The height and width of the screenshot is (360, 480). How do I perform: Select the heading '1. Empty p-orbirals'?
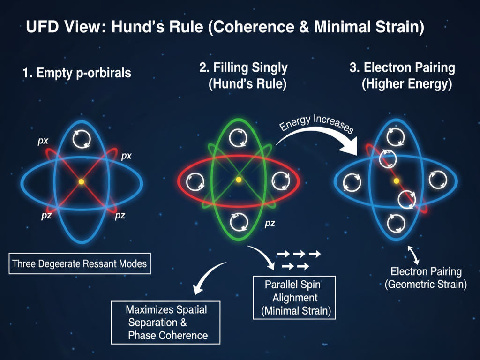point(77,73)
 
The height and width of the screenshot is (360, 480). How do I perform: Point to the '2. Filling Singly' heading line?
point(243,67)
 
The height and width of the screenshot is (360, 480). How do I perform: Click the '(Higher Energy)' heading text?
point(406,85)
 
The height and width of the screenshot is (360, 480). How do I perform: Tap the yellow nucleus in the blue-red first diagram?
point(82,181)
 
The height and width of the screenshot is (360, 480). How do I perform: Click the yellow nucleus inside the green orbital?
point(239,180)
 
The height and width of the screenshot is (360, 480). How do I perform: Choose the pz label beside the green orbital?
point(270,223)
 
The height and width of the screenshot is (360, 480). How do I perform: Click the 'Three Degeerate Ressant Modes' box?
point(80,263)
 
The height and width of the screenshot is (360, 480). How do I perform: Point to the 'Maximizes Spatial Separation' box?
point(165,322)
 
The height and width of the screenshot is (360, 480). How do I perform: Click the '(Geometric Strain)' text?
point(426,284)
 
